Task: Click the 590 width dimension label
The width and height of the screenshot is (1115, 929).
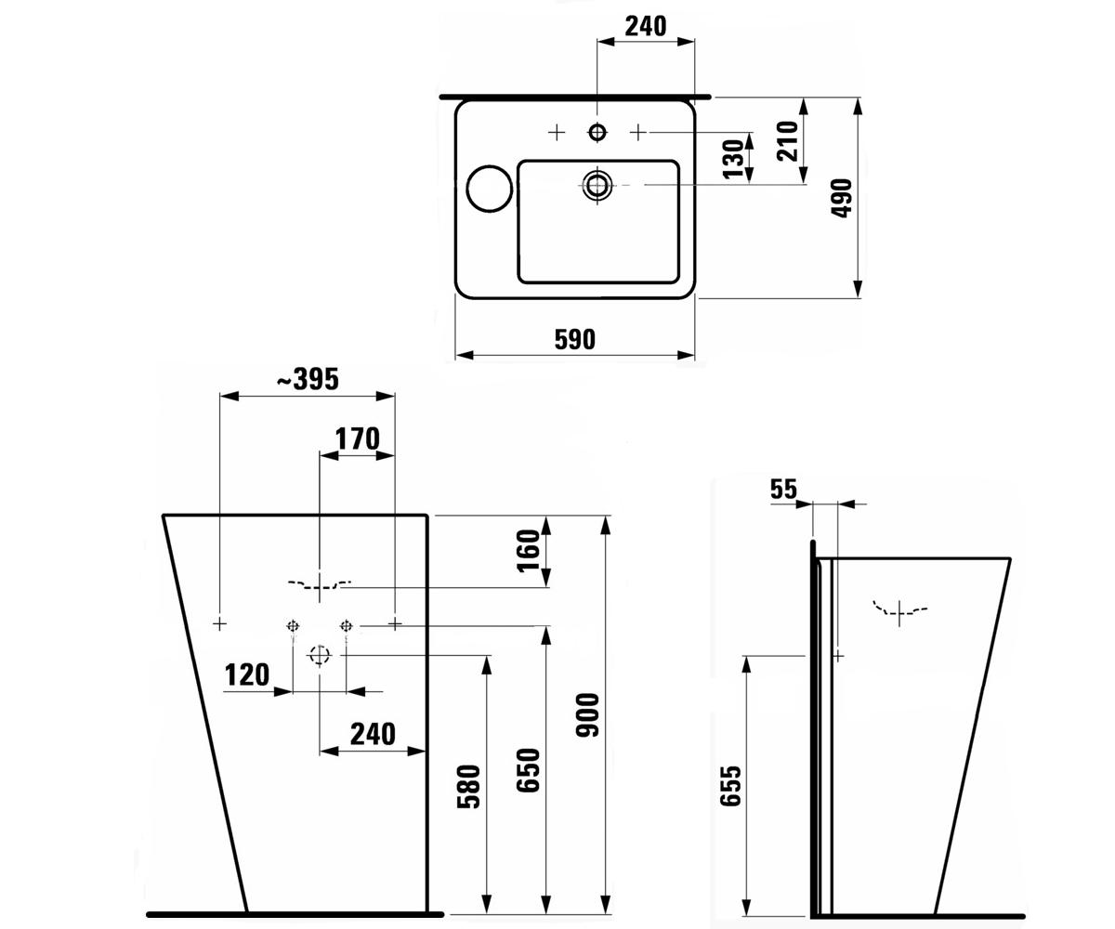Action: point(574,340)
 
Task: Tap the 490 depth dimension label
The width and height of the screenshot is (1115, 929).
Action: point(842,198)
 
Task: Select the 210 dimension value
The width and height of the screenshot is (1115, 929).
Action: point(788,141)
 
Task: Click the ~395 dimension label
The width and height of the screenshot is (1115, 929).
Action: point(308,379)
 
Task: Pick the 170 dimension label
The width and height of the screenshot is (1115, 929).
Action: point(357,438)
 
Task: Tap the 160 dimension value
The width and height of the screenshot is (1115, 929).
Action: point(530,551)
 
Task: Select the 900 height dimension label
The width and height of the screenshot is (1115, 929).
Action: point(588,715)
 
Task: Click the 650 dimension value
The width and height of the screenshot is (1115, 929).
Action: point(530,770)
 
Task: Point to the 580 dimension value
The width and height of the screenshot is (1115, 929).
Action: point(469,787)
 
